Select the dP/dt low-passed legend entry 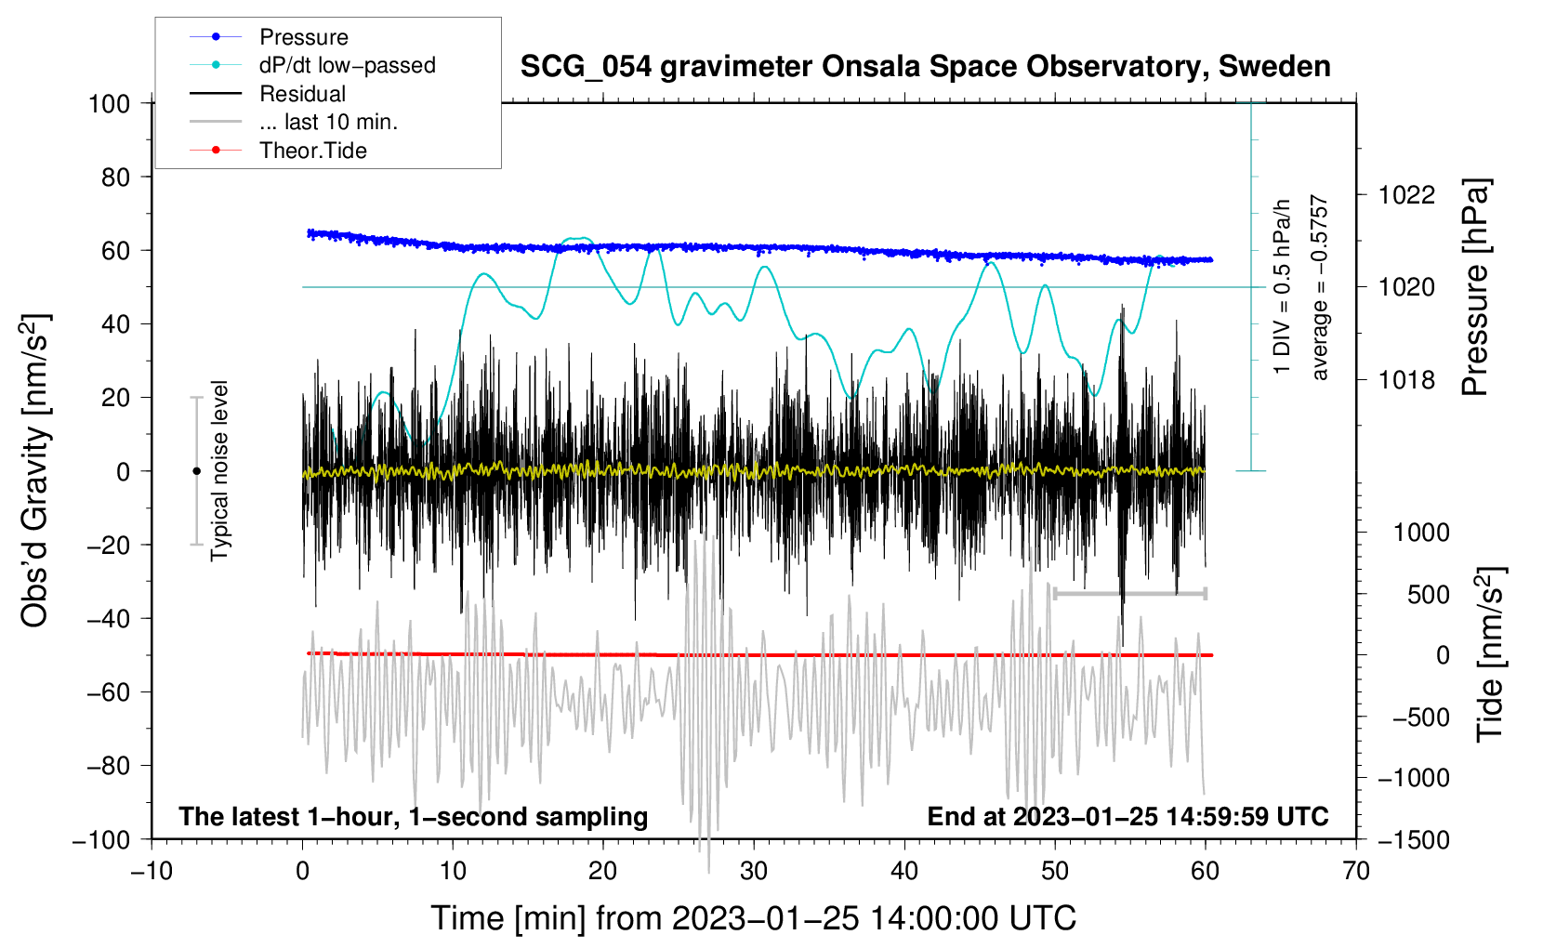coord(347,65)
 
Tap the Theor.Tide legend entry coord(312,151)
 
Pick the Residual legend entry coord(302,94)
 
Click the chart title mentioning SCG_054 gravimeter coord(925,67)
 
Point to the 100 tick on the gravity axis coord(110,103)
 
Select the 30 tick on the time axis coord(754,871)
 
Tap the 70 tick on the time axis coord(1356,871)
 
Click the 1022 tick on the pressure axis coord(1406,195)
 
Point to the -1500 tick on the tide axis coord(1414,839)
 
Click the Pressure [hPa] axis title coord(1475,288)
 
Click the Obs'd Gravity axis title coord(35,471)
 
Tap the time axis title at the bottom coord(754,918)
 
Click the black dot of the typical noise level coord(196,471)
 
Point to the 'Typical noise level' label coord(219,471)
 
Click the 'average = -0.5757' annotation coord(1320,288)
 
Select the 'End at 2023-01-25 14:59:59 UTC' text coord(1128,816)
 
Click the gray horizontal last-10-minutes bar coord(1129,593)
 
